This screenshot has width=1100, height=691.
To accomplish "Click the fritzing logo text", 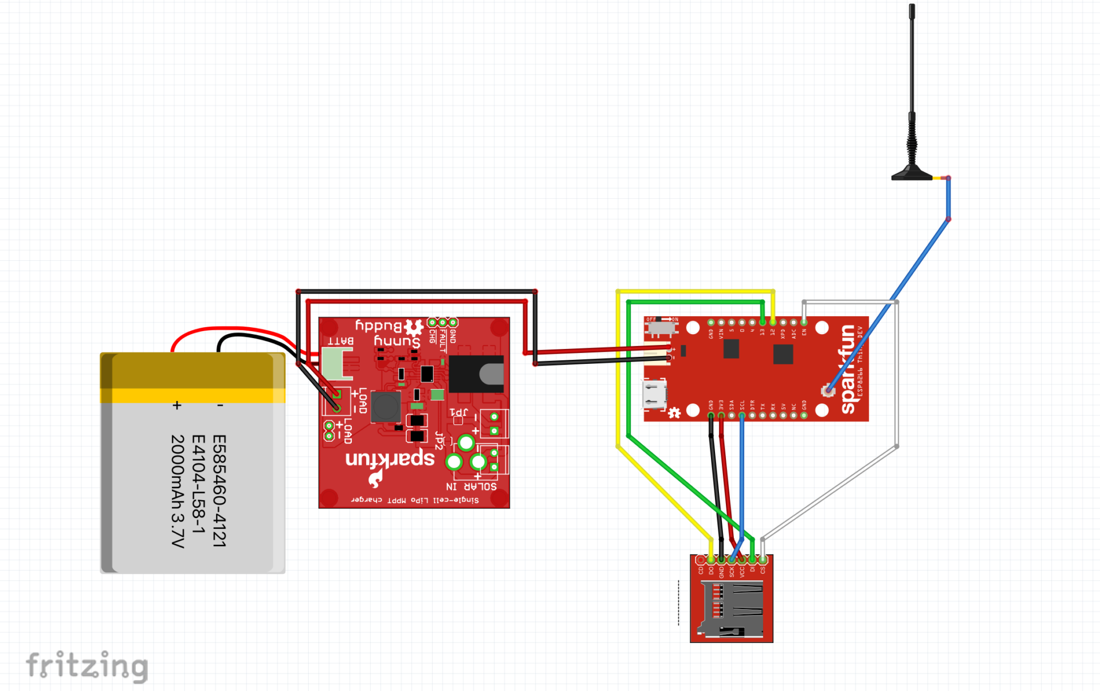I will pyautogui.click(x=87, y=666).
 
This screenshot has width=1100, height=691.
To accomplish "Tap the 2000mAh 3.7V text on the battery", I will pyautogui.click(x=178, y=490).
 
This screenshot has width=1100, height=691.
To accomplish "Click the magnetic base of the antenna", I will pyautogui.click(x=912, y=174).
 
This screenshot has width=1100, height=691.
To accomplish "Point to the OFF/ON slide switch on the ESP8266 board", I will pyautogui.click(x=661, y=327).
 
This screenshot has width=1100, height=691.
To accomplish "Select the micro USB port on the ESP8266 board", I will pyautogui.click(x=654, y=394).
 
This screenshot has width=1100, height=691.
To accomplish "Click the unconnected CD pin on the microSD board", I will pyautogui.click(x=700, y=560).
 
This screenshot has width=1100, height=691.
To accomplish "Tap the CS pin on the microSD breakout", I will pyautogui.click(x=763, y=560).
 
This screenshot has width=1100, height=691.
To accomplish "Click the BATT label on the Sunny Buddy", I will pyautogui.click(x=340, y=341).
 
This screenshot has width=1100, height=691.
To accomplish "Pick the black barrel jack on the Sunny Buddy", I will pyautogui.click(x=476, y=374).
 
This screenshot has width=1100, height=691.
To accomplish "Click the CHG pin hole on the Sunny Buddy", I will pyautogui.click(x=432, y=323).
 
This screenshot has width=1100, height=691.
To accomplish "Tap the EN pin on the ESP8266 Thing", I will pyautogui.click(x=804, y=323).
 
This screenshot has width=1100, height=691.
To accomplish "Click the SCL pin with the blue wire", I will pyautogui.click(x=742, y=415).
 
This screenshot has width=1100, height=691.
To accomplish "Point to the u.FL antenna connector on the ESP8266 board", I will pyautogui.click(x=827, y=391).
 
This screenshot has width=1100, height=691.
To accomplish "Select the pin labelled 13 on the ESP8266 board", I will pyautogui.click(x=763, y=323).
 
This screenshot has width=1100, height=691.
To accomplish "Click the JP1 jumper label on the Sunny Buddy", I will pyautogui.click(x=458, y=412).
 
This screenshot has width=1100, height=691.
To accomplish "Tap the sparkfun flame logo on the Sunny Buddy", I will pyautogui.click(x=375, y=477).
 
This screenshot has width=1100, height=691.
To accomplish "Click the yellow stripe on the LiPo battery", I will pyautogui.click(x=192, y=395).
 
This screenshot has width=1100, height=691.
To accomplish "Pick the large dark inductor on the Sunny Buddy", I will pyautogui.click(x=386, y=406).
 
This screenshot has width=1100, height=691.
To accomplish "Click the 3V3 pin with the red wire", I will pyautogui.click(x=721, y=415).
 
